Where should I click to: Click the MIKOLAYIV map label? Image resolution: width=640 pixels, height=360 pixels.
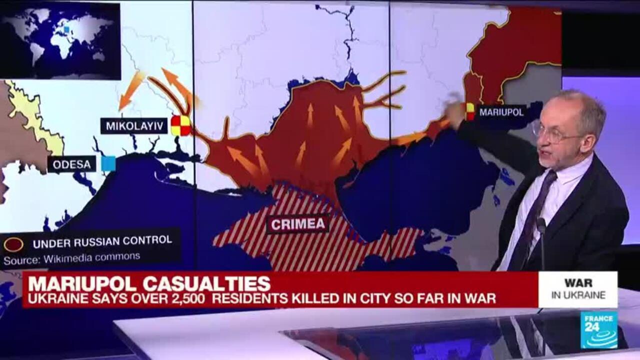pos(134,125)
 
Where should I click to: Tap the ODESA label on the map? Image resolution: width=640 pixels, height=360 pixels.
pos(72,164)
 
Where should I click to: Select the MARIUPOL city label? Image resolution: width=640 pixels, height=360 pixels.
pos(501,112)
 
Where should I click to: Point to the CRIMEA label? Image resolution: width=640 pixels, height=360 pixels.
pos(298,223)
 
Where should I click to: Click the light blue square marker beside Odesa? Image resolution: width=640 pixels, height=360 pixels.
pos(108,163)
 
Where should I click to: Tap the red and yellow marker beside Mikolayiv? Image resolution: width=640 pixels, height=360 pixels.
pos(180,125)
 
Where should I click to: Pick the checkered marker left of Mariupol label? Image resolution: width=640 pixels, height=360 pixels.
pos(470,111)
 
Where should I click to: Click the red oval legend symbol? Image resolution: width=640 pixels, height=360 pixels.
pos(13,244)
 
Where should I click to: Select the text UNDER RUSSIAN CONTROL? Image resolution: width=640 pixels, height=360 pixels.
pos(102,240)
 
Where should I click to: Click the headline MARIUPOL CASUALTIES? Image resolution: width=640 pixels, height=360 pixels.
pos(149,283)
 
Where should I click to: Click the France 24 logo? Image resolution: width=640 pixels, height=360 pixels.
pos(598,329)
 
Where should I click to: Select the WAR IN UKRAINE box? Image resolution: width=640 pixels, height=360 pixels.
pos(577,289)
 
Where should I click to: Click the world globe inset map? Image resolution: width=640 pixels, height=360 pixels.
pos(60,40)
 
